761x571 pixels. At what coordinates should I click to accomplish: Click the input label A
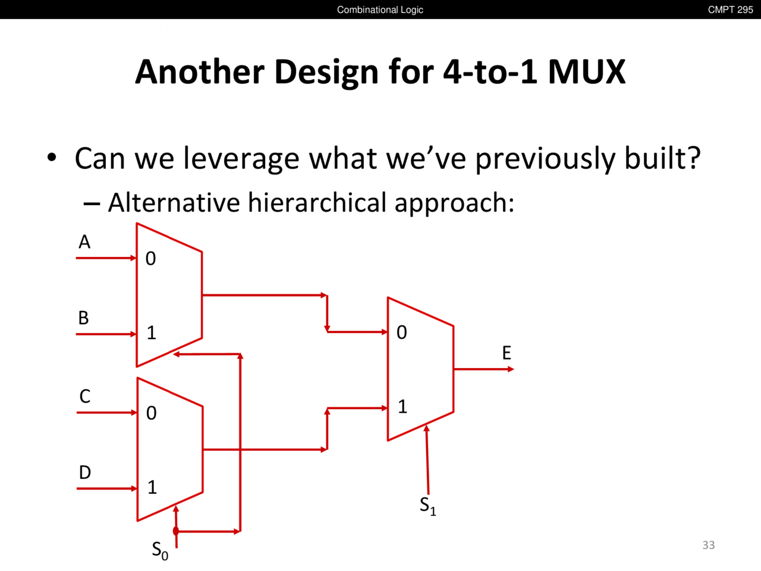84,241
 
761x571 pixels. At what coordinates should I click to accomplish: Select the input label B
84,318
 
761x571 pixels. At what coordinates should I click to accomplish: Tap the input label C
85,396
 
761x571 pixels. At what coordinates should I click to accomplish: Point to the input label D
85,472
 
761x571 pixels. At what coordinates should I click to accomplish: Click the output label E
507,353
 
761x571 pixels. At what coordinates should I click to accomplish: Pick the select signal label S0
160,551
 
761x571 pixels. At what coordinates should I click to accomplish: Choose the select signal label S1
428,506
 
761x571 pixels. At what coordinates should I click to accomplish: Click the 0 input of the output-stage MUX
402,332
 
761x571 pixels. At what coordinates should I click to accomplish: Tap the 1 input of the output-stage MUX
402,407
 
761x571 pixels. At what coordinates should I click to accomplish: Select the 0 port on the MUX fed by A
150,259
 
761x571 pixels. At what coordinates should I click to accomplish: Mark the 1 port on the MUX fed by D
152,487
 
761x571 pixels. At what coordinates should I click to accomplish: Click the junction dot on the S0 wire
176,531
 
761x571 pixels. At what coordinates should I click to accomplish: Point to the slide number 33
709,545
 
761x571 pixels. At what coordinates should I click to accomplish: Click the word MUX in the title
587,72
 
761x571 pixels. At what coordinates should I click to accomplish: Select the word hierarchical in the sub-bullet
317,202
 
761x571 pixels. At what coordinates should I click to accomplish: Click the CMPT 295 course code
731,10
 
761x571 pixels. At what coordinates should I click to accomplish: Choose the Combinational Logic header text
380,10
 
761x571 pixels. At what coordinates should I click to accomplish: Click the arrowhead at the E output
511,369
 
